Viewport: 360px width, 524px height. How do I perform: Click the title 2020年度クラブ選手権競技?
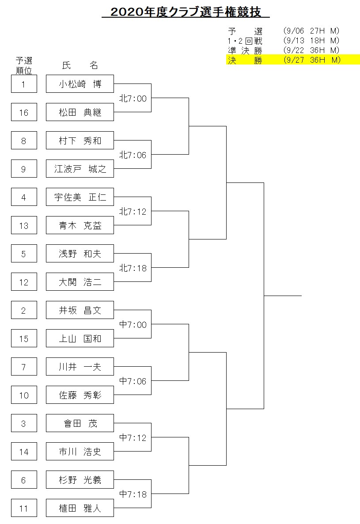tap(186, 12)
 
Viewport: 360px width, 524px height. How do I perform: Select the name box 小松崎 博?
tap(80, 84)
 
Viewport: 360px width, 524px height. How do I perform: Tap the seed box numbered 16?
tap(24, 112)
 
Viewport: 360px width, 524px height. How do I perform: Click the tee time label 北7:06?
tap(133, 155)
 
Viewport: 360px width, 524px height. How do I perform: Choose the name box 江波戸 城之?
tap(80, 169)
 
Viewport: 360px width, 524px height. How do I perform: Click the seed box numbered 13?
tap(24, 225)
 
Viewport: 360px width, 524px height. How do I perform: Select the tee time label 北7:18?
tap(133, 268)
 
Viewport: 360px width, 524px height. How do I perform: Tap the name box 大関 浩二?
tap(80, 282)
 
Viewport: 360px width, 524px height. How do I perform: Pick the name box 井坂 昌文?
tap(80, 310)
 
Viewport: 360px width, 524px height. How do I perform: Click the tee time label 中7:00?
tap(133, 324)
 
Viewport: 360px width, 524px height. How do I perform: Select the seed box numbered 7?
tap(24, 367)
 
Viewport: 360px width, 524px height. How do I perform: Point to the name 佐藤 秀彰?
tap(80, 395)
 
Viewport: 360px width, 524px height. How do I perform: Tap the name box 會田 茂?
tap(80, 423)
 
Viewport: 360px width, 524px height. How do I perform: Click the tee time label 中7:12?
tap(133, 437)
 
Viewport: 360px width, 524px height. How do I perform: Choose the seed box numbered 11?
tap(24, 508)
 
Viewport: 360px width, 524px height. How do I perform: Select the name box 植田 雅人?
tap(80, 508)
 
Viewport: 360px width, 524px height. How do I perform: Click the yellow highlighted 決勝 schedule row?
tap(293, 60)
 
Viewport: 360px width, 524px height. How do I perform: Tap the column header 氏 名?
tap(80, 65)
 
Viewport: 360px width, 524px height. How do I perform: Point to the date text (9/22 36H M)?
tap(311, 50)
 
